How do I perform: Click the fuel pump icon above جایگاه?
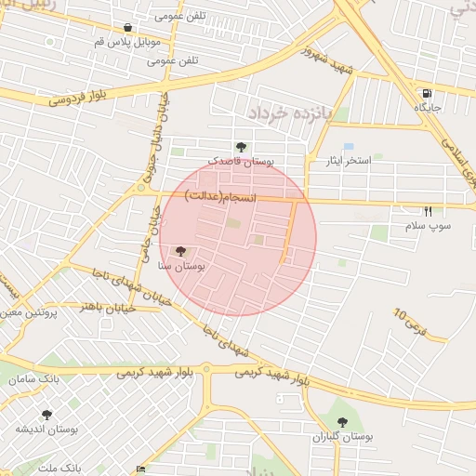pos(427,93)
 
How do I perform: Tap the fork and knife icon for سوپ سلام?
pos(428,211)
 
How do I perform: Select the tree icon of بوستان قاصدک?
pos(242,146)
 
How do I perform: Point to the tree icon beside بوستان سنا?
pos(180,251)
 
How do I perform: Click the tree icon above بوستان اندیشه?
pos(46,414)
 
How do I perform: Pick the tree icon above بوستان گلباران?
pos(343,422)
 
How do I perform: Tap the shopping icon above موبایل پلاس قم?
pos(127,28)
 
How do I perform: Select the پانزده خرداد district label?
pos(289,112)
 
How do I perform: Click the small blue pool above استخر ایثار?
pos(349,146)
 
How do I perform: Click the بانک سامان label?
pos(35,379)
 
